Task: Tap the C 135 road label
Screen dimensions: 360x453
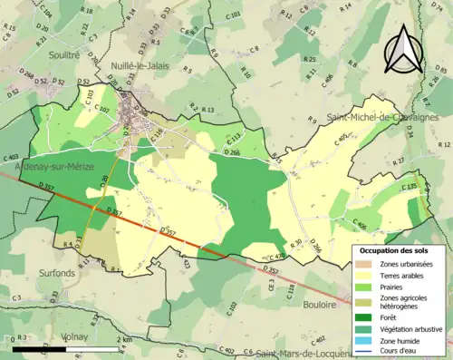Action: [x=407, y=187]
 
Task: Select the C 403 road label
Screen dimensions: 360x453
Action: [x=11, y=158]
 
